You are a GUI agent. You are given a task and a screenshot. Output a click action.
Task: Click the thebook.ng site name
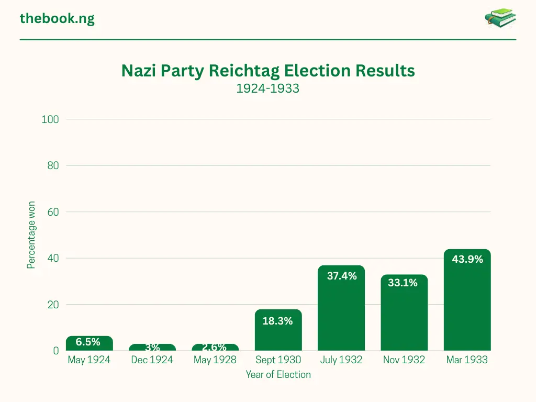click(x=57, y=19)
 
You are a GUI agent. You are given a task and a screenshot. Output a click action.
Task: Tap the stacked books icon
click(x=500, y=18)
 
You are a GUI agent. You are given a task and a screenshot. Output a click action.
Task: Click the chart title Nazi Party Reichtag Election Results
click(x=267, y=71)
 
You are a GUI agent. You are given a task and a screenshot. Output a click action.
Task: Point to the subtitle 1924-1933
click(x=267, y=88)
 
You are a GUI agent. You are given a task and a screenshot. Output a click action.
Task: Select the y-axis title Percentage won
click(x=31, y=235)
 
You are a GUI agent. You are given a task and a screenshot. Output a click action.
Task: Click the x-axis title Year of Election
click(x=278, y=374)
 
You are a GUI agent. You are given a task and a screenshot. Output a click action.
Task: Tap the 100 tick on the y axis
click(x=50, y=120)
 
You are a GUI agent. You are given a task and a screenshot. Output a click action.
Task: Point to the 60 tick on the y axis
click(x=52, y=213)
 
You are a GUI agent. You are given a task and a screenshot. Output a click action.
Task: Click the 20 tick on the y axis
click(x=52, y=305)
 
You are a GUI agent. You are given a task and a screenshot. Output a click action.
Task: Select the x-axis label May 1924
click(x=89, y=360)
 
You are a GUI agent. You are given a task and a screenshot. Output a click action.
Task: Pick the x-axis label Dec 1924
click(x=152, y=360)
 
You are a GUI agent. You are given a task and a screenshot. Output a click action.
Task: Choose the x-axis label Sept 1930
click(x=278, y=360)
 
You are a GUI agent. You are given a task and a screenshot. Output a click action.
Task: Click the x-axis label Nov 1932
click(x=404, y=360)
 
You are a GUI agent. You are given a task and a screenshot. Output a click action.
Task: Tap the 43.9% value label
click(x=467, y=259)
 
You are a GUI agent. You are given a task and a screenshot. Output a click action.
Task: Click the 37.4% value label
click(x=341, y=276)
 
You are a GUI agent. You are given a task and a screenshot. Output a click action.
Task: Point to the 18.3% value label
click(x=277, y=321)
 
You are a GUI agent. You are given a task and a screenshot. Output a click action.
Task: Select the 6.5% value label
click(x=88, y=342)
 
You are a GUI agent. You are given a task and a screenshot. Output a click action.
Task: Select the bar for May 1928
click(x=215, y=348)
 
